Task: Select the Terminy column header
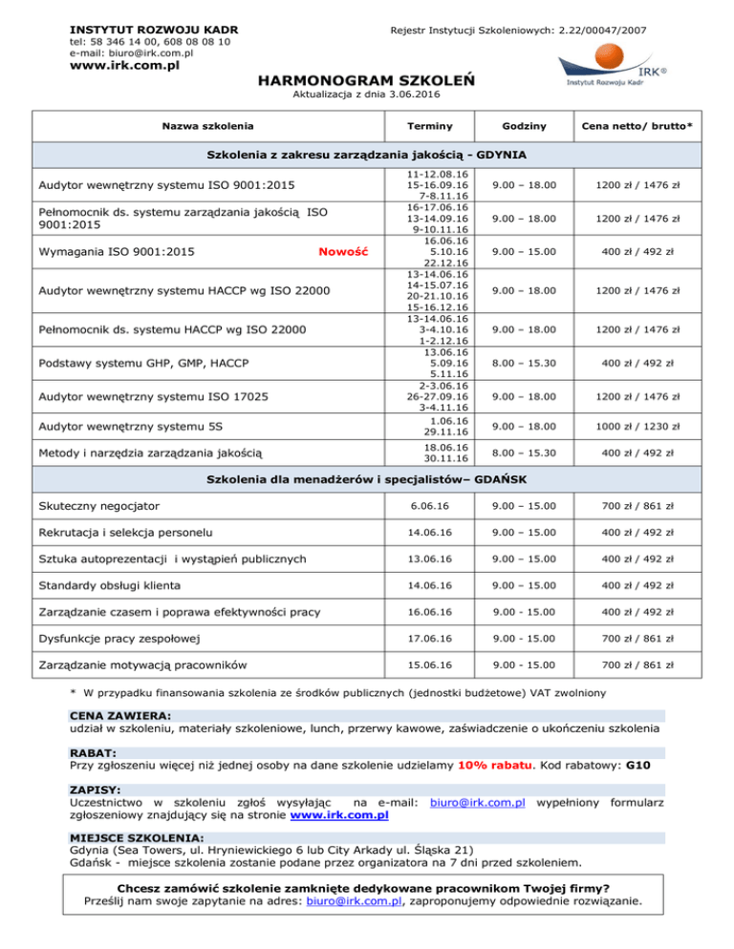coord(429,125)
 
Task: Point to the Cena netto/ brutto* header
coord(637,125)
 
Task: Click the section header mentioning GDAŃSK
coord(367,475)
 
